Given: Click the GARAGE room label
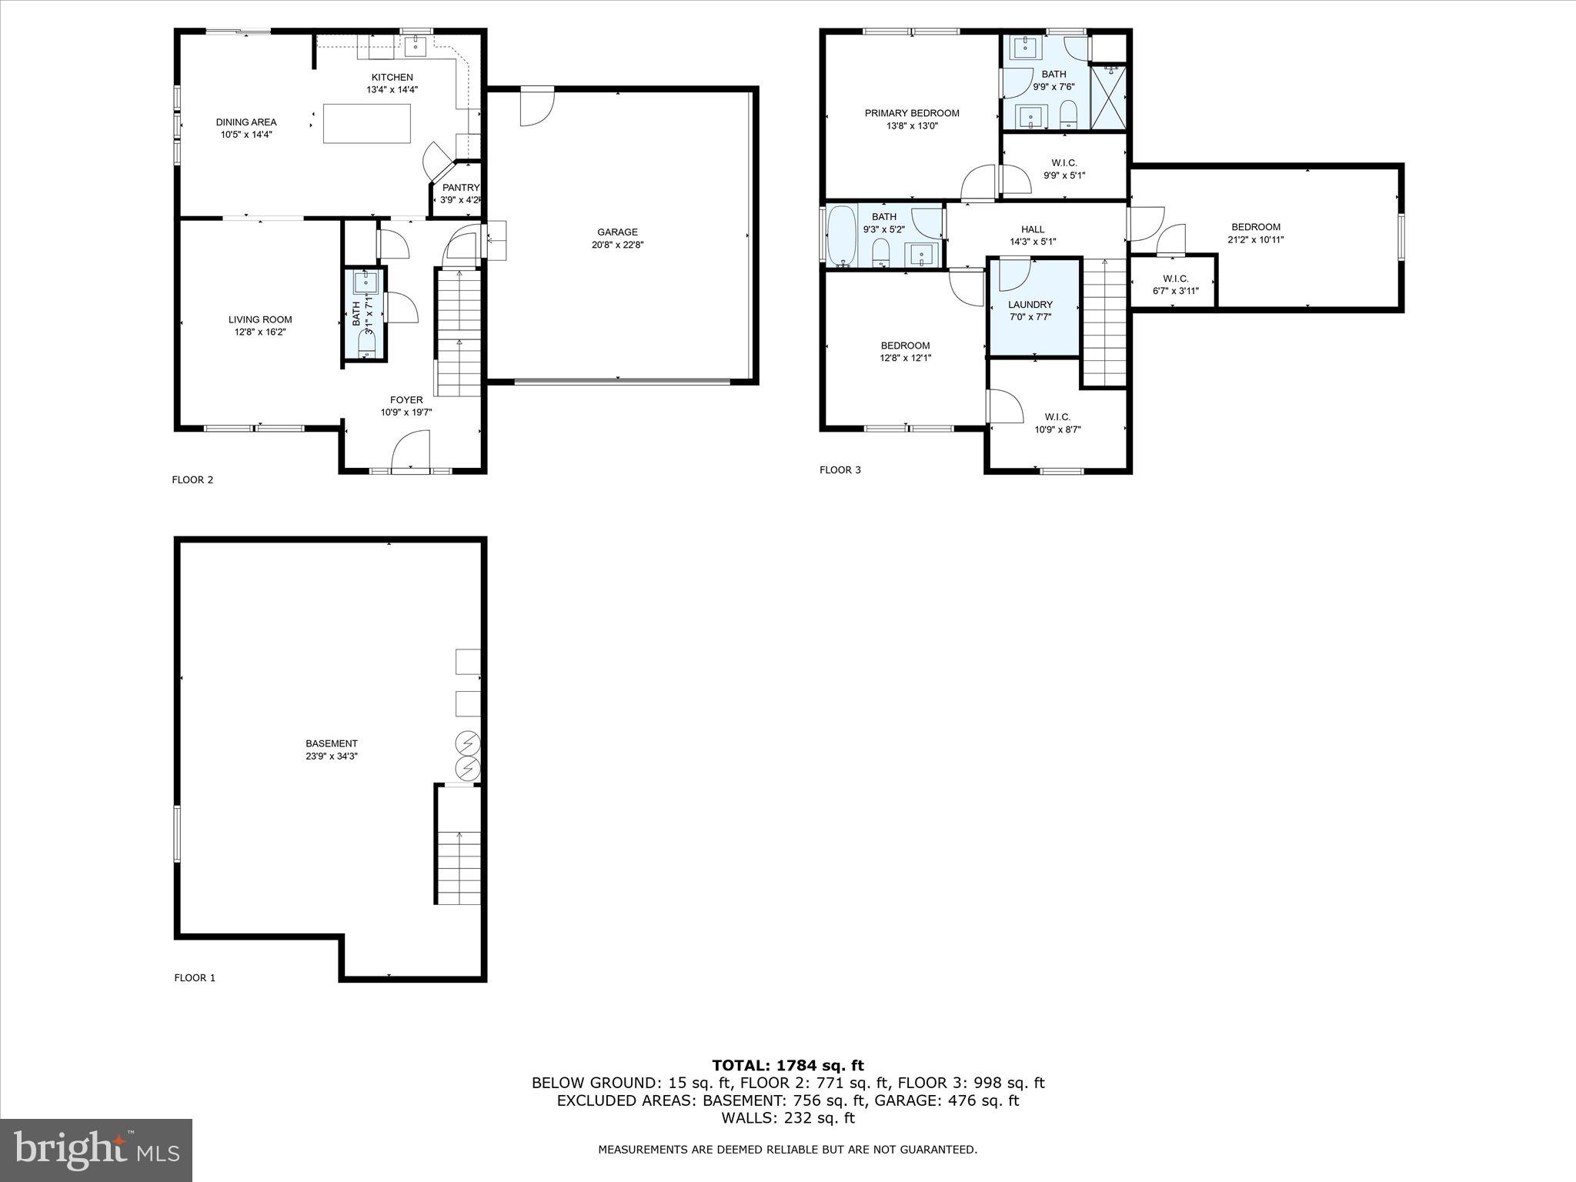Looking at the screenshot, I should pos(617,232).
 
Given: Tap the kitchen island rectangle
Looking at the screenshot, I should pos(366,123).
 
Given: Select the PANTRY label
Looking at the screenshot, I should pos(460,188).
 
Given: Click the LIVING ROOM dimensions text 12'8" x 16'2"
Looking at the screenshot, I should pos(261,332).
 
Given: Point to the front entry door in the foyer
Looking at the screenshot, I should pos(410,452).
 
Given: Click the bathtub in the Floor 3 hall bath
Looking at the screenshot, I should pos(841,235).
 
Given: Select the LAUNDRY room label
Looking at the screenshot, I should pos(1030,305).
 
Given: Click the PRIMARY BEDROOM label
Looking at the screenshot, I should pos(912,113).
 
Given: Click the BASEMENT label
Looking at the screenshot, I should pos(332,743).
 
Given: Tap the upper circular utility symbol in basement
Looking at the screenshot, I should pos(468,743).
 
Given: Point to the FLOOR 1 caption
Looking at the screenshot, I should pos(195,978).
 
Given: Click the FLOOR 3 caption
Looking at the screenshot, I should pos(840,470).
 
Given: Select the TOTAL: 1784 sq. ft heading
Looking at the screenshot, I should pos(788,1066).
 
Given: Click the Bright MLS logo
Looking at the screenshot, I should pos(96,1150).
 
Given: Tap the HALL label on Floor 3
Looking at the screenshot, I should pos(1033,229).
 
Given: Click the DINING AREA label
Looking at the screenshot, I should pos(246,122).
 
